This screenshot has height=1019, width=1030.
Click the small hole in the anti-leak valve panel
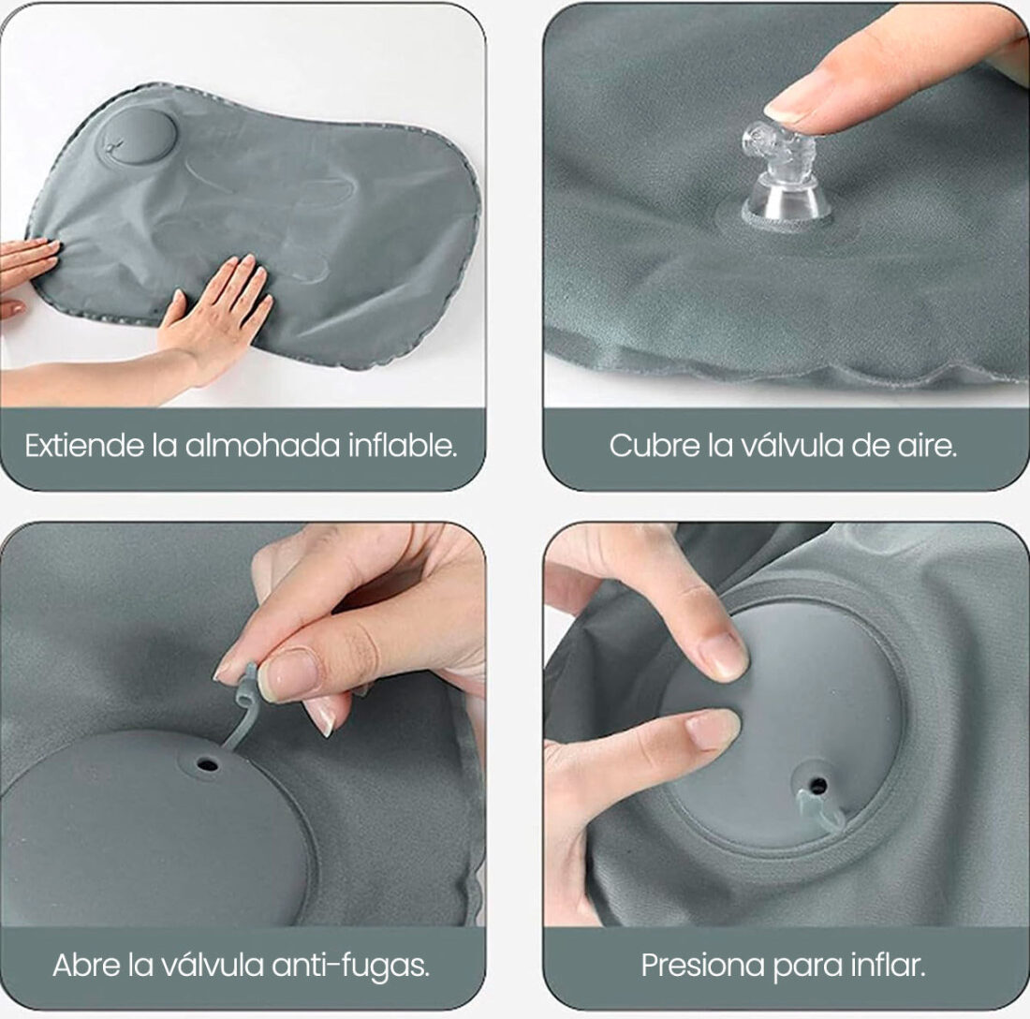[x=208, y=765]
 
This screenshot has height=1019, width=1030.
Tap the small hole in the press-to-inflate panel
[x=818, y=785]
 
